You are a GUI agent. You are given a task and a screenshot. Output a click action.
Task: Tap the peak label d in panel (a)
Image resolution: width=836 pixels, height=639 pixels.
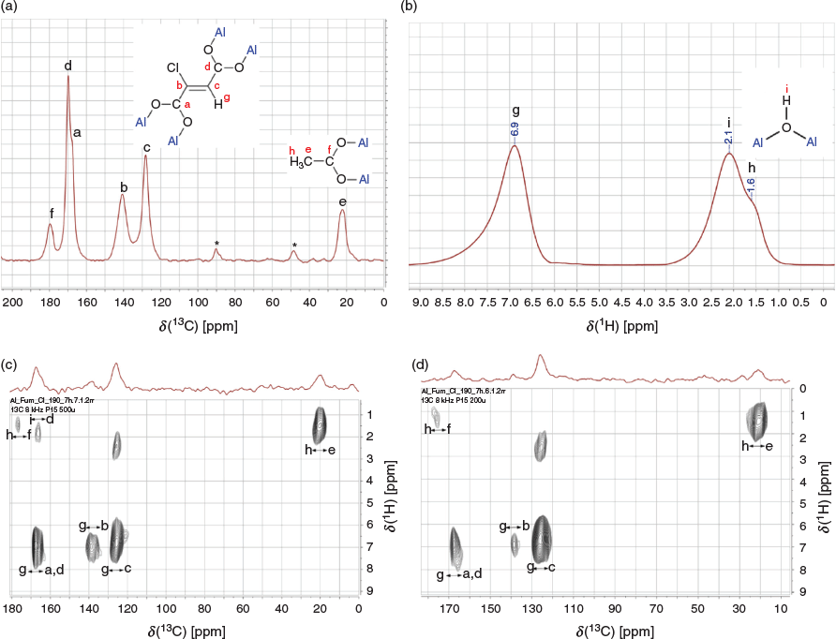(x=68, y=66)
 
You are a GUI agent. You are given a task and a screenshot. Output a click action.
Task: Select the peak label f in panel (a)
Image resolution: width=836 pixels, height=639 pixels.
(x=51, y=212)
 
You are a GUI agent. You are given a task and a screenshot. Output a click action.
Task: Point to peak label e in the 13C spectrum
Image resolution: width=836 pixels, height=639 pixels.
(x=343, y=201)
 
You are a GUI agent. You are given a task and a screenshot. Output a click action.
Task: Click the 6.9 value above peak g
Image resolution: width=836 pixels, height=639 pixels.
(x=515, y=128)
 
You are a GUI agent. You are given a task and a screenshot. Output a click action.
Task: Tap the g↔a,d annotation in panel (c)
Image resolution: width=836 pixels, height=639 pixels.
(x=41, y=571)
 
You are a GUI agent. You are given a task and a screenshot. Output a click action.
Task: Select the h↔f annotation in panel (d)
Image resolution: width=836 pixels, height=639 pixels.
(x=438, y=429)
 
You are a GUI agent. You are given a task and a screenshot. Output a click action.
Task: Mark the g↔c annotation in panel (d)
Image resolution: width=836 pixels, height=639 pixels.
(x=543, y=567)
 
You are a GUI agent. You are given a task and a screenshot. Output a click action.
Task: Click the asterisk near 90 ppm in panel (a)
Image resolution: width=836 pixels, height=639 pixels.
(x=216, y=245)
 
